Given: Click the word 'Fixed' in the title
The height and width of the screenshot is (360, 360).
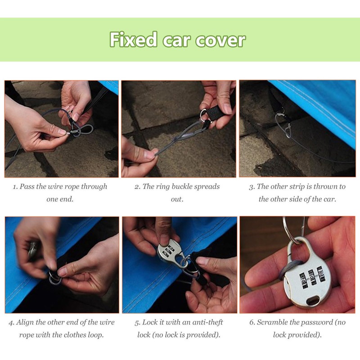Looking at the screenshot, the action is (133, 40).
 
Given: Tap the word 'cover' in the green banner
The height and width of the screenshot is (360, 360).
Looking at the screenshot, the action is (220, 40).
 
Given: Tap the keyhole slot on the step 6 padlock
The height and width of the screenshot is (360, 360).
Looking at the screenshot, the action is (313, 300).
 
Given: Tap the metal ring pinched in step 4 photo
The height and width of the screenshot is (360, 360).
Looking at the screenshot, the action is (54, 278).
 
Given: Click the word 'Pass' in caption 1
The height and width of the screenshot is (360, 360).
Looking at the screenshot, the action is (27, 186).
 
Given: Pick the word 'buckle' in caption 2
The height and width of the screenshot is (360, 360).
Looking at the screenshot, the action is (182, 186).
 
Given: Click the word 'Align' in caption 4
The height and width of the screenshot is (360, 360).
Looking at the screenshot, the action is (25, 322).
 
